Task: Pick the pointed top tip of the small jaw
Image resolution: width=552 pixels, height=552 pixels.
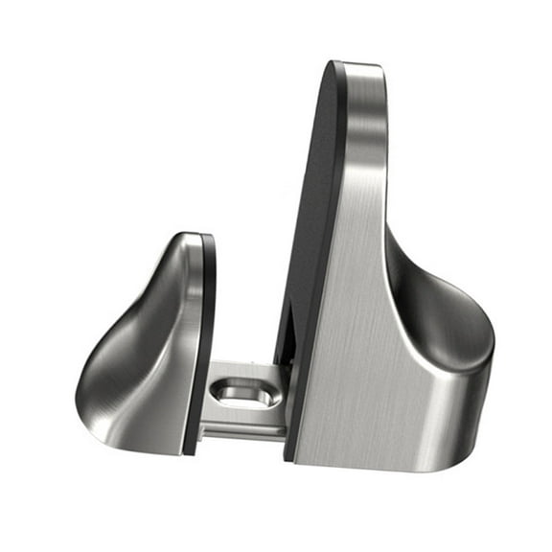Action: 192,236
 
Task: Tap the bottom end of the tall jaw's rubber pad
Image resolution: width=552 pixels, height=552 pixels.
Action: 287,450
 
